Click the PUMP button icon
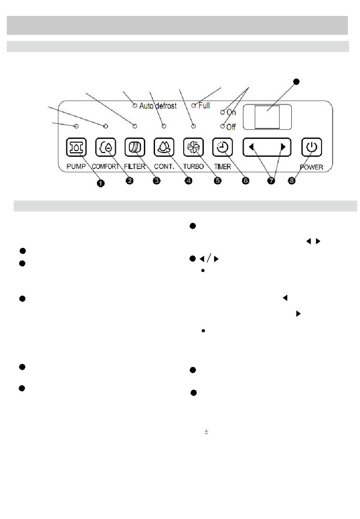pos(76,147)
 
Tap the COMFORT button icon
pos(105,147)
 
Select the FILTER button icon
pos(135,147)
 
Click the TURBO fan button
pos(193,147)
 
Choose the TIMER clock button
pos(222,147)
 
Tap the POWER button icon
pos(311,147)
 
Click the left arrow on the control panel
pos(251,147)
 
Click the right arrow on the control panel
pos(282,147)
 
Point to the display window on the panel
pos(267,117)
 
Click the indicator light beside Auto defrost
pos(135,106)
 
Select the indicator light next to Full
pos(194,106)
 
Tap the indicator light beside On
pos(223,112)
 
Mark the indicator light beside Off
pos(222,127)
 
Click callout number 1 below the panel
pos(100,183)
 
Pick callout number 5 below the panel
pos(218,181)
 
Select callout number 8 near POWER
pos(291,181)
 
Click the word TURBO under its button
pos(193,166)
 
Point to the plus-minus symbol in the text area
pos(206,431)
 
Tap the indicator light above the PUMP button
pos(76,126)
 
